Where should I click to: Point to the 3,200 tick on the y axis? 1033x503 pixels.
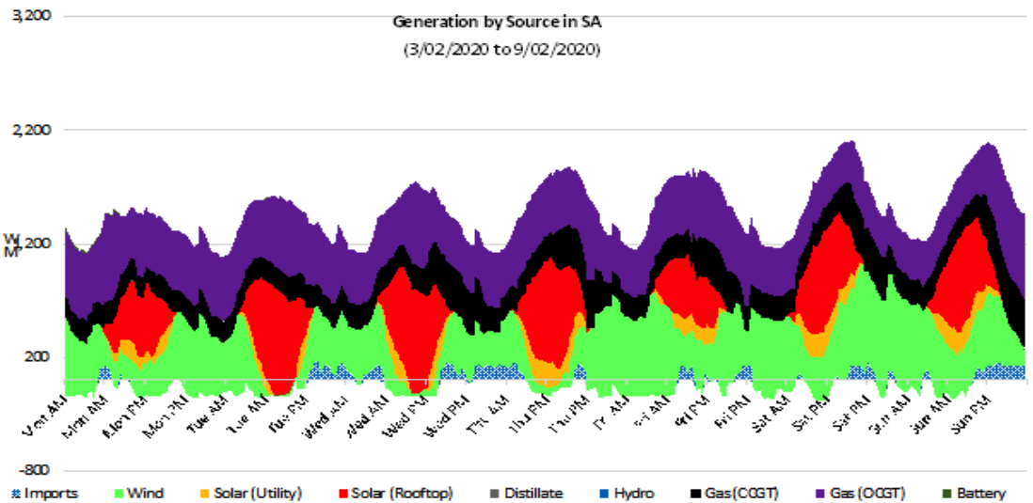(x=32, y=16)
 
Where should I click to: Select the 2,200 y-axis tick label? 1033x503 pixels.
(x=32, y=130)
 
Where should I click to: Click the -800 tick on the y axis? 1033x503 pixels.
(x=35, y=470)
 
